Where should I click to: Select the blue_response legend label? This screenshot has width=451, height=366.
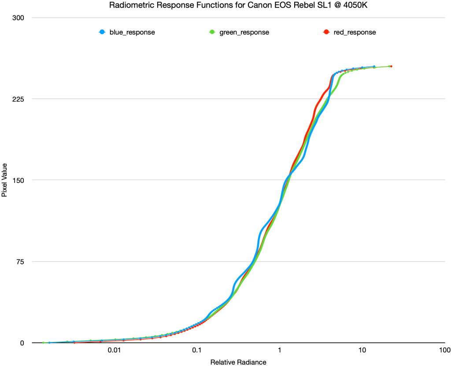click(132, 32)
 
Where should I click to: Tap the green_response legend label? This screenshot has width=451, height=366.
click(244, 32)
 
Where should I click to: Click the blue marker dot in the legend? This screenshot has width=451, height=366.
click(102, 32)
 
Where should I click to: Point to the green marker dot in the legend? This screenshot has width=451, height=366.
click(212, 32)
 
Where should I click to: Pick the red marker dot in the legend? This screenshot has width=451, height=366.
click(326, 32)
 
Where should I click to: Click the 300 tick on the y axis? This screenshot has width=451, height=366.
click(19, 18)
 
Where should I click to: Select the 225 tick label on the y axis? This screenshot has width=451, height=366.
click(19, 99)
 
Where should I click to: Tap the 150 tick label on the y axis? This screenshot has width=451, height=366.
click(19, 180)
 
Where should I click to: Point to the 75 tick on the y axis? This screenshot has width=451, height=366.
click(21, 262)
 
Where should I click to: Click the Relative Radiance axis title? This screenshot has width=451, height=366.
click(238, 362)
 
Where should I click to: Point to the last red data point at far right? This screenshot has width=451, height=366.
click(391, 66)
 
